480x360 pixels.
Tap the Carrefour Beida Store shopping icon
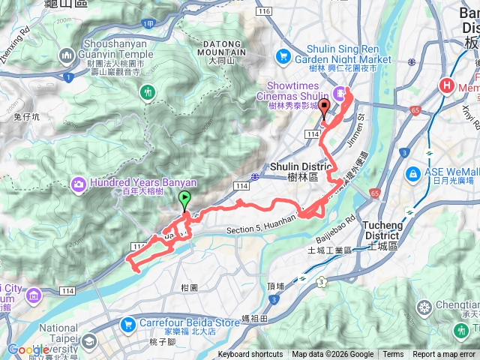pos(128,325)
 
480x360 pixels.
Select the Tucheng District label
pos(386,229)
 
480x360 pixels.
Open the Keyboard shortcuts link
pos(250,355)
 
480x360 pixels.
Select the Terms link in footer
pos(393,355)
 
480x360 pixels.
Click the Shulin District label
pos(295,170)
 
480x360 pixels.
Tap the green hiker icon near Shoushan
pos(148,91)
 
